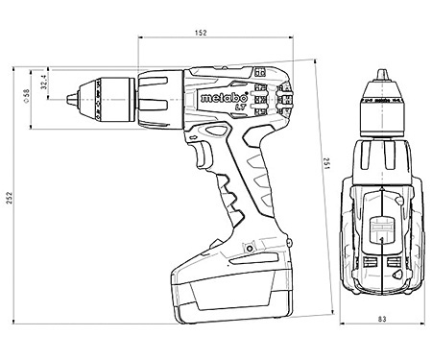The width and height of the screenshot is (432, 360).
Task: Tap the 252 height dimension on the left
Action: [x=10, y=197]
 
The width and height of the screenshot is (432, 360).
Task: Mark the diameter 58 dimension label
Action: [x=26, y=97]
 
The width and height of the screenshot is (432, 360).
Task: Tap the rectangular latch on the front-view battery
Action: [x=381, y=231]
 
